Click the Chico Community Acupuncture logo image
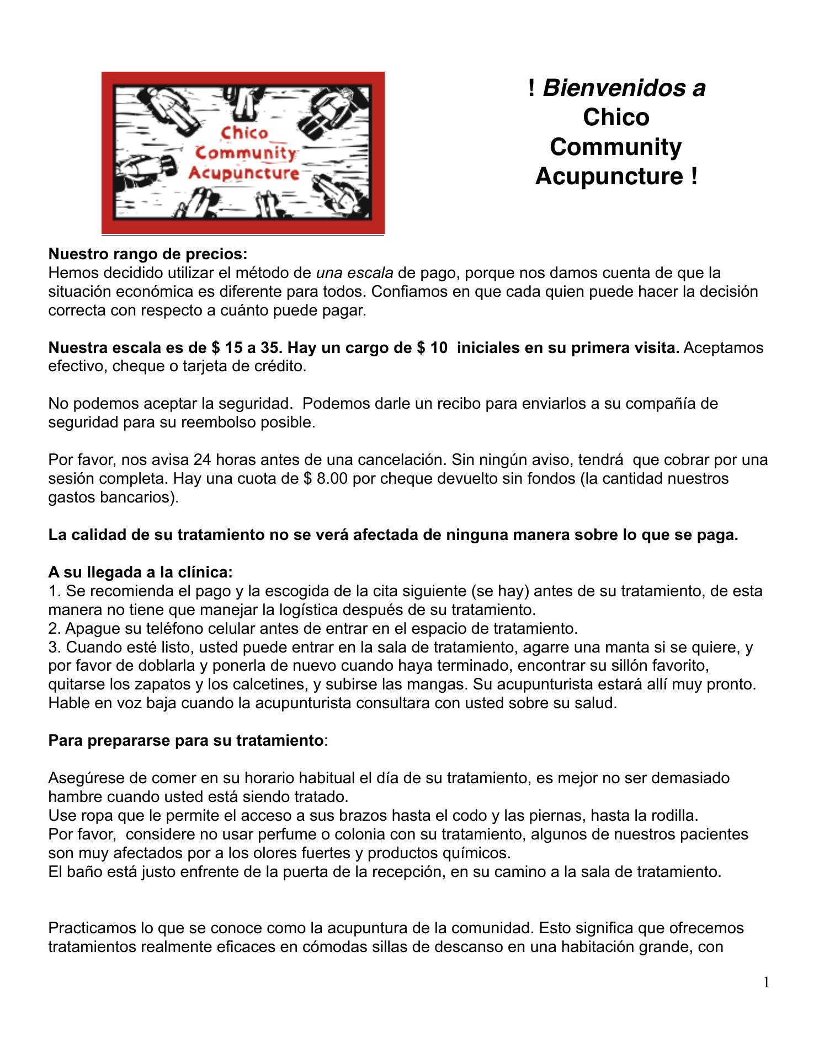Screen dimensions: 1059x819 tap(243, 153)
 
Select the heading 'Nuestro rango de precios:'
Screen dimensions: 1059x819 tap(148, 254)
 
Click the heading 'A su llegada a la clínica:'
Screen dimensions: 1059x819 tap(141, 572)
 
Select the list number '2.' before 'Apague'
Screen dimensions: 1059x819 tap(55, 628)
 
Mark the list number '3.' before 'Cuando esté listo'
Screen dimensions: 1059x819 tap(55, 647)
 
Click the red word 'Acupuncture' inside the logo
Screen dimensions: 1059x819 tap(244, 173)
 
